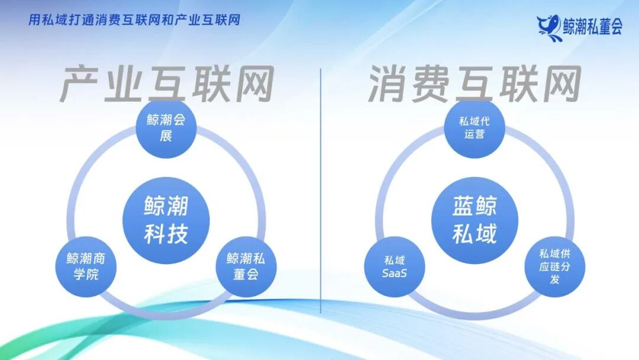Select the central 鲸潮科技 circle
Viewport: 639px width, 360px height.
pyautogui.click(x=166, y=220)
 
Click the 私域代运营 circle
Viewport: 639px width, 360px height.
pyautogui.click(x=475, y=128)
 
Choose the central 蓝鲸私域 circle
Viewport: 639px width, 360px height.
pyautogui.click(x=475, y=220)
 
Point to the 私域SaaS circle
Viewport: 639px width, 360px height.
pyautogui.click(x=395, y=266)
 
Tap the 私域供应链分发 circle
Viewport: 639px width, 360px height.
pyautogui.click(x=555, y=266)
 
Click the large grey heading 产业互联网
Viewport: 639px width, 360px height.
pyautogui.click(x=167, y=85)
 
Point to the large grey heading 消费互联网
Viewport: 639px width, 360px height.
pyautogui.click(x=475, y=85)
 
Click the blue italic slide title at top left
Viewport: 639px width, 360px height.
pyautogui.click(x=134, y=20)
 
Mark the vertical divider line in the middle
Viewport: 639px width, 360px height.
pyautogui.click(x=321, y=189)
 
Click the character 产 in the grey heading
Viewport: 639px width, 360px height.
pyautogui.click(x=80, y=85)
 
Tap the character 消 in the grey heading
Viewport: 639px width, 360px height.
pyautogui.click(x=389, y=85)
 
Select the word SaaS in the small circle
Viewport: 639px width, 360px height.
pyautogui.click(x=395, y=273)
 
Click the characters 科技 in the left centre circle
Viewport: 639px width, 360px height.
pyautogui.click(x=166, y=234)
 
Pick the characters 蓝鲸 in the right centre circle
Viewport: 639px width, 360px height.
pyautogui.click(x=475, y=207)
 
